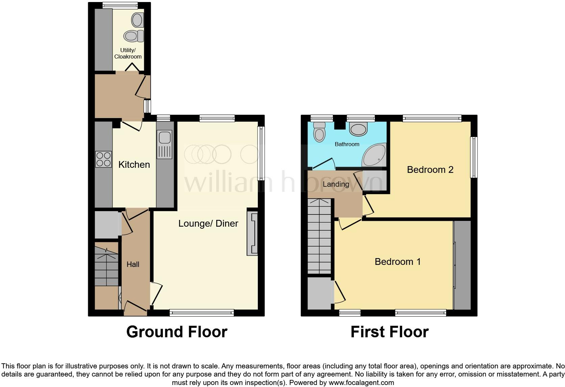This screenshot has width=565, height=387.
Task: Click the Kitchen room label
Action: (x=134, y=165)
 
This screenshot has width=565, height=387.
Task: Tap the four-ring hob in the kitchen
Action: (x=103, y=159)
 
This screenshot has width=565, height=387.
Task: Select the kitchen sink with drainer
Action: (x=165, y=144)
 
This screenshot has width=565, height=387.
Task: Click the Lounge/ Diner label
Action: (x=208, y=224)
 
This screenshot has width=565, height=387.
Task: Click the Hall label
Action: (x=133, y=265)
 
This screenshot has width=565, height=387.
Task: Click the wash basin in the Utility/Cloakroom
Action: (x=138, y=20)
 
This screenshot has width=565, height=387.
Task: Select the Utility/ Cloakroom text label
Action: (x=128, y=53)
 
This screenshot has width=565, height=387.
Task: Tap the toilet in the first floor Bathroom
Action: (x=319, y=132)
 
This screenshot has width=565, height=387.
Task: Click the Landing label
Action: (x=336, y=184)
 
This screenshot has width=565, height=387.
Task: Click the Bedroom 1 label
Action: (x=398, y=262)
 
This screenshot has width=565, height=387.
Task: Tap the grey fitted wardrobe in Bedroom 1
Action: (x=462, y=265)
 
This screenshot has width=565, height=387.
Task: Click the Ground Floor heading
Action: (x=176, y=332)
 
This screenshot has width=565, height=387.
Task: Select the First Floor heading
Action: (x=389, y=332)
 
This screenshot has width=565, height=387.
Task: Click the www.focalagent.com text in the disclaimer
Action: (x=361, y=383)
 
